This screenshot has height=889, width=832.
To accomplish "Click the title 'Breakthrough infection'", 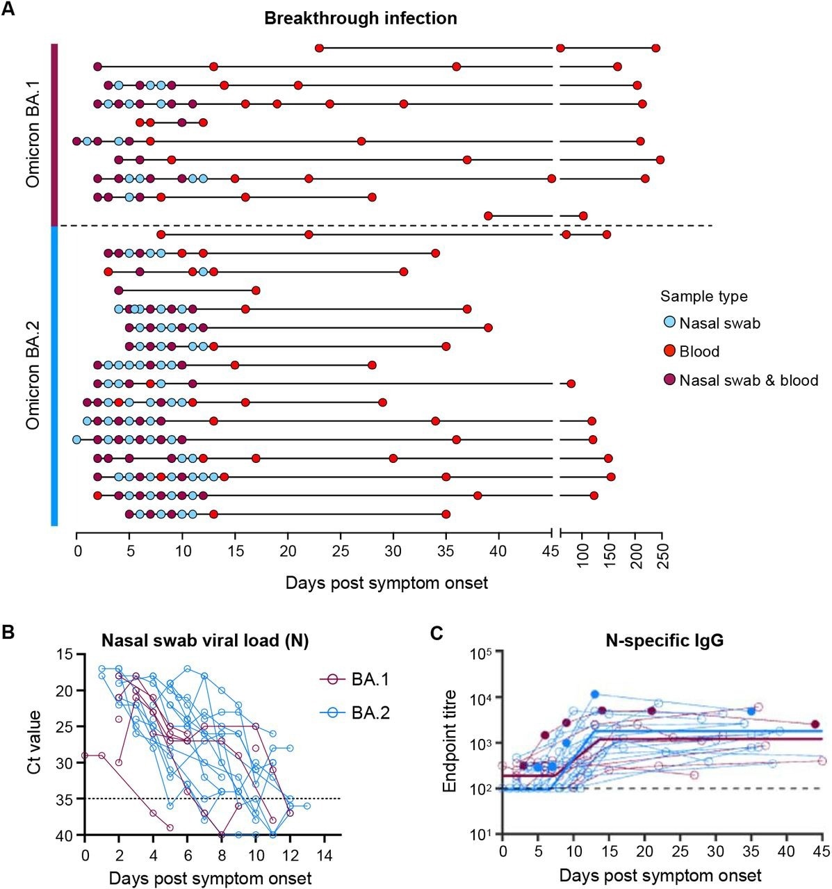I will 360,19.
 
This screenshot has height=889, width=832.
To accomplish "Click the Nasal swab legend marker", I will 669,323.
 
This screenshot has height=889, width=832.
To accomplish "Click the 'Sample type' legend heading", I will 703,297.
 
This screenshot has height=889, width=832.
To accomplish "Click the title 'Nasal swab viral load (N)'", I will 206,639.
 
